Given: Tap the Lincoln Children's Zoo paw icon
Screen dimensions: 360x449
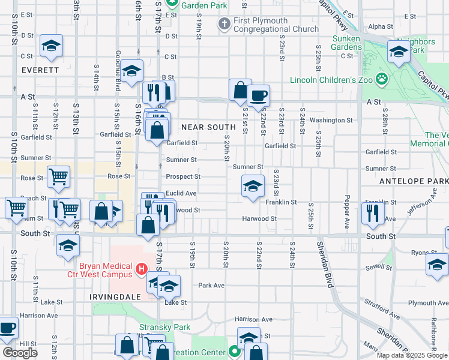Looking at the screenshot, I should (382, 79).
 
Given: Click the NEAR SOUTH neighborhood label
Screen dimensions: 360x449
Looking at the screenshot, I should (208, 127).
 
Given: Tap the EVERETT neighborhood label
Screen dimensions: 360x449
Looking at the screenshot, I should (40, 70).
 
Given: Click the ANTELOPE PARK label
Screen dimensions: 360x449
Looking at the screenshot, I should (414, 181).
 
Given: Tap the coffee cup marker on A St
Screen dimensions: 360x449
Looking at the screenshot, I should (259, 96).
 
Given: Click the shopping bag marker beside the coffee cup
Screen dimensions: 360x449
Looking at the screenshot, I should (240, 91).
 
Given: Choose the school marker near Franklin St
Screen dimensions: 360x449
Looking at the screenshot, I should (253, 186).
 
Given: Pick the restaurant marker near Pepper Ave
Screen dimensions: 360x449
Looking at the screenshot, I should (373, 214).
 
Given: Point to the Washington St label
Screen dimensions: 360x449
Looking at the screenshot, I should (331, 120).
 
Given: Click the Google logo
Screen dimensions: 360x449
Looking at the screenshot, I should (20, 353).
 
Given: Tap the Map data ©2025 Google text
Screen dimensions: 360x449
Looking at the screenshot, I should (411, 355).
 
